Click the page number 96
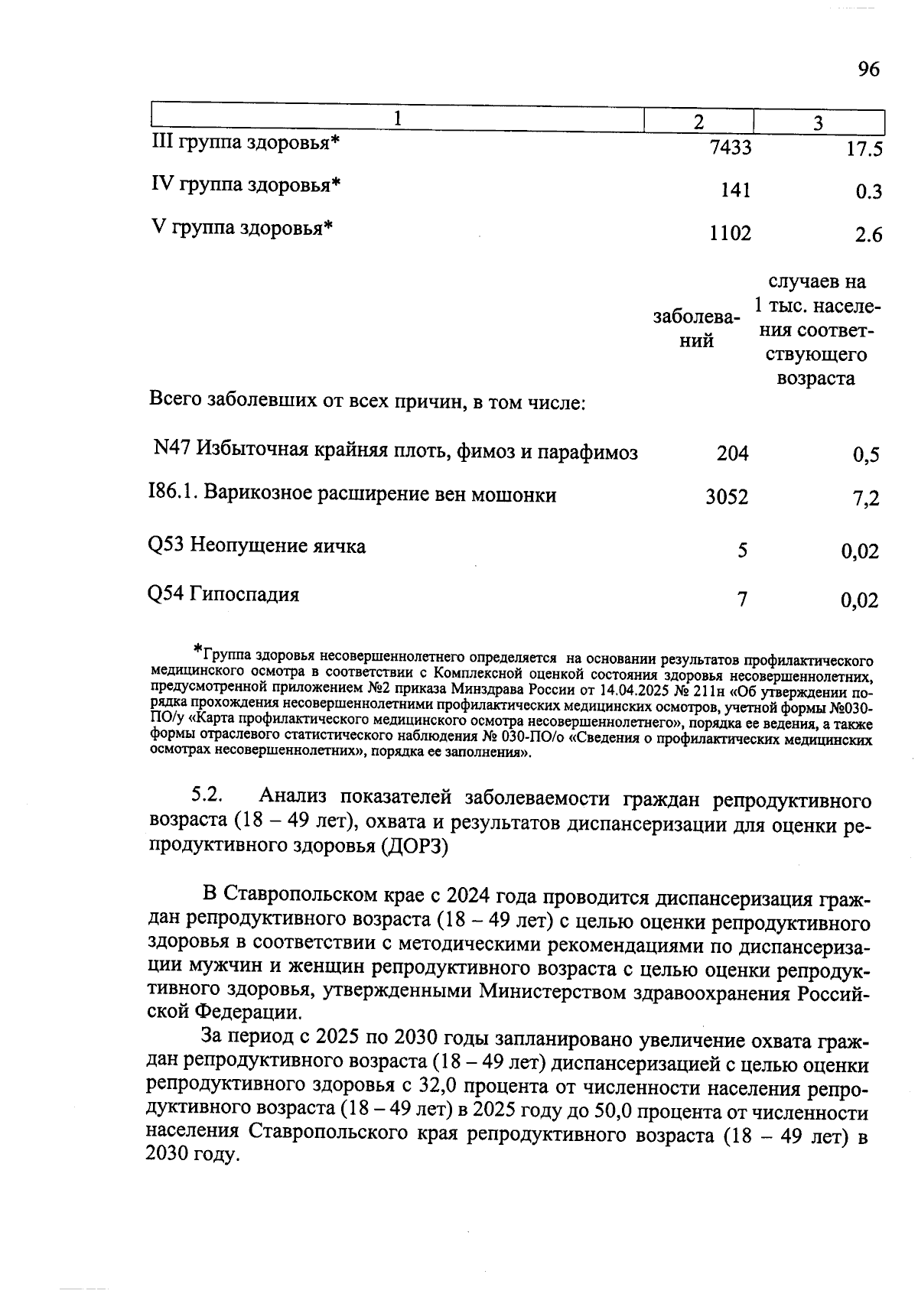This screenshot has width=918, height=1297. point(868,70)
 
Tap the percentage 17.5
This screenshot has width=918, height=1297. point(864,149)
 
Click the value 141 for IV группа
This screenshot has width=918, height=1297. point(735,190)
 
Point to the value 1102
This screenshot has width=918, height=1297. point(730,233)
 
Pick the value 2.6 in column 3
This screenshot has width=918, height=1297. point(869,235)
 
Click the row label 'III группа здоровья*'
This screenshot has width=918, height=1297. point(245,143)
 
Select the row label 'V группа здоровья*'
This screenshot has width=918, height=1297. point(241,228)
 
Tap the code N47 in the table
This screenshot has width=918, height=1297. point(171,449)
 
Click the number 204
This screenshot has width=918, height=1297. point(732,453)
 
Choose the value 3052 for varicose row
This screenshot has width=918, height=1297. point(727,498)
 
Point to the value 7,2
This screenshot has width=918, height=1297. point(866,499)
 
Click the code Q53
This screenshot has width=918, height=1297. point(165,546)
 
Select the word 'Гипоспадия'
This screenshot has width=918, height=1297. point(244,594)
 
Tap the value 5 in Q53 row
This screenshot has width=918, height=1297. point(742,550)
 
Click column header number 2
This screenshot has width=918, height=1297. point(698,122)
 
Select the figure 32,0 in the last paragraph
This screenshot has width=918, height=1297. point(441,1087)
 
